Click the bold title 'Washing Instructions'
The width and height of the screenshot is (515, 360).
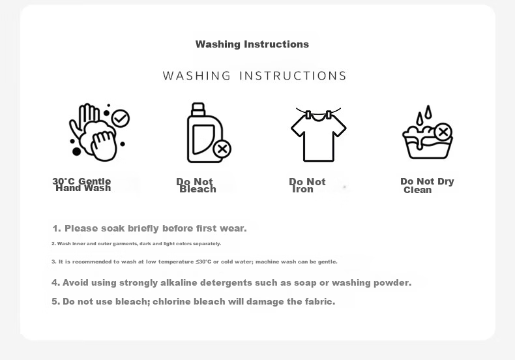[252, 44]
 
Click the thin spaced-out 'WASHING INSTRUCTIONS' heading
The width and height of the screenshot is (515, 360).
[254, 76]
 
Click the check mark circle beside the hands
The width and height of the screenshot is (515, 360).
[121, 118]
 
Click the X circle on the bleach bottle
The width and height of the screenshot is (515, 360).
[222, 149]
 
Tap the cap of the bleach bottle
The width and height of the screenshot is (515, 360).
[198, 109]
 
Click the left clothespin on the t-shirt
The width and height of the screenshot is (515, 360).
[308, 115]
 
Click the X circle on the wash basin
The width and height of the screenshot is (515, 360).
[443, 132]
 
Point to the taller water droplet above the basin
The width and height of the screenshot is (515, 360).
[428, 112]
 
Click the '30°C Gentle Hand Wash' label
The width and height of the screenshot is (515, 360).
[81, 185]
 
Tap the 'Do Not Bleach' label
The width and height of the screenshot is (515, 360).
[196, 186]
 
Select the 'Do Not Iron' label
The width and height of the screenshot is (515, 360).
[307, 186]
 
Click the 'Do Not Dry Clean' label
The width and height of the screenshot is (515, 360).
[427, 186]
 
